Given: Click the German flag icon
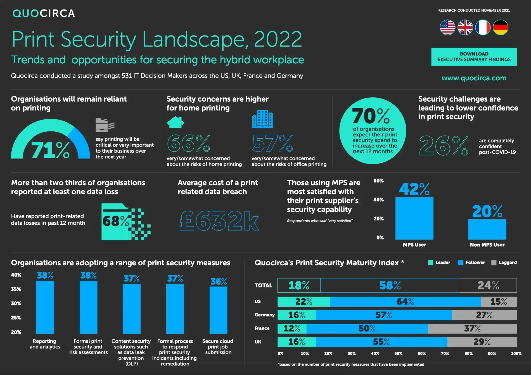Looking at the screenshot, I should click(x=500, y=27).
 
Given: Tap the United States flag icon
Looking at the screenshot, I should click(x=447, y=27).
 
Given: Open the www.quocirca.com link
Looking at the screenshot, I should click(x=474, y=78).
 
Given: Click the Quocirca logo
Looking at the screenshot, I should click(x=44, y=13).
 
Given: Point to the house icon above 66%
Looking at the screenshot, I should click(x=175, y=122).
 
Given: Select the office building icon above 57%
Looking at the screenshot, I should click(x=262, y=119).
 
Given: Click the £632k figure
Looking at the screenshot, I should click(x=219, y=221).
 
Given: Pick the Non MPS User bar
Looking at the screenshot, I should click(x=487, y=229).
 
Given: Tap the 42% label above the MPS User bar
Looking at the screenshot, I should click(x=414, y=189).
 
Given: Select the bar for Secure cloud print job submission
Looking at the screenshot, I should click(x=218, y=310).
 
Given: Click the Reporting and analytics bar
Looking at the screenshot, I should click(x=45, y=307).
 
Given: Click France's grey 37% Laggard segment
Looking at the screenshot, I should click(x=472, y=328).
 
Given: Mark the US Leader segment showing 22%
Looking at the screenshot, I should click(x=304, y=302).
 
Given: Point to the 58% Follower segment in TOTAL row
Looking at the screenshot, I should click(x=390, y=285).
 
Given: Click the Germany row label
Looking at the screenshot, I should click(x=264, y=315).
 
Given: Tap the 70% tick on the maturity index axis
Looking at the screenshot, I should click(x=445, y=353).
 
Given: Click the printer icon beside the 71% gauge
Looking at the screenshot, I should click(x=105, y=125).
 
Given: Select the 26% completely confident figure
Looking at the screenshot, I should click(x=444, y=146).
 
